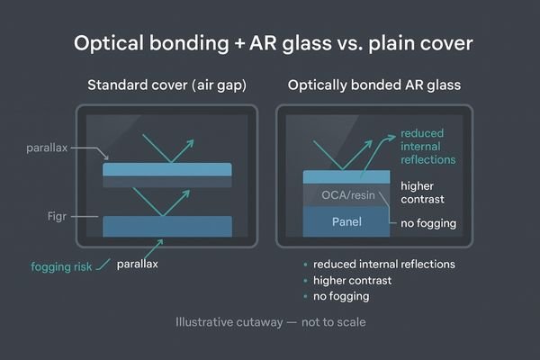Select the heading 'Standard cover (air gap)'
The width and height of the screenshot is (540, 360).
[x=166, y=86]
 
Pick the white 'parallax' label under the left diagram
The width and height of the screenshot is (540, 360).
[x=139, y=264]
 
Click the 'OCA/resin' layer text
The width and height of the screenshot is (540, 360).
[x=346, y=196]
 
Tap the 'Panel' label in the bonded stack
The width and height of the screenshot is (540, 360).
[x=346, y=221]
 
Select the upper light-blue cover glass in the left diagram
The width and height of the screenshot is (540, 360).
[x=168, y=168]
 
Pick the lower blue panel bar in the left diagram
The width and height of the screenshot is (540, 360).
[x=168, y=226]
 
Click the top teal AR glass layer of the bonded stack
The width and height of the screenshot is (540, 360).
[x=346, y=176]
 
